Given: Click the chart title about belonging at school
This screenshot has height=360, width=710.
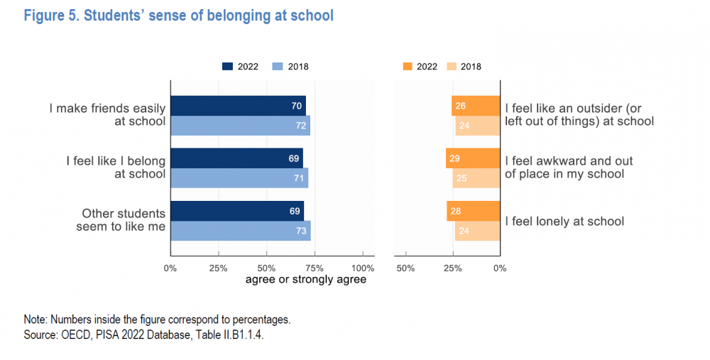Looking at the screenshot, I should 178,16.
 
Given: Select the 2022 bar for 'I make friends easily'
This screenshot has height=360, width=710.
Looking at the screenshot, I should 238,105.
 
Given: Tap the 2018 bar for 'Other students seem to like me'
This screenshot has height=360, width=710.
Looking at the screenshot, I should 240,231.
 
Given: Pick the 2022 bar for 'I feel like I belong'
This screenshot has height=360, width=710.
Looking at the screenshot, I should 236,158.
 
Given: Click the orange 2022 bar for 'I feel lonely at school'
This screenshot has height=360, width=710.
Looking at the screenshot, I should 474,211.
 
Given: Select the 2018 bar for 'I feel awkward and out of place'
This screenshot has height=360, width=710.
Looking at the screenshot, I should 476,178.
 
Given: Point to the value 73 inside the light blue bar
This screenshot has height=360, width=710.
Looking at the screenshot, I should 300,231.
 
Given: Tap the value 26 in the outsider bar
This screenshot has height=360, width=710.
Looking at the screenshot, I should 460,106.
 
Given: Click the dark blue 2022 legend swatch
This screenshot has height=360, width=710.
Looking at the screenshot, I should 228,67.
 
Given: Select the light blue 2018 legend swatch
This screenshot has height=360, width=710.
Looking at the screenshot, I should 278,67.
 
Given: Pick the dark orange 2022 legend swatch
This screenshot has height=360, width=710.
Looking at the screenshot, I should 407,67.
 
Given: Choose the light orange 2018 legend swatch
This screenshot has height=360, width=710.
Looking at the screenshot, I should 450,67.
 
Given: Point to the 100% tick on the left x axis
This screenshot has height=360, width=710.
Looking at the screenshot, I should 363,268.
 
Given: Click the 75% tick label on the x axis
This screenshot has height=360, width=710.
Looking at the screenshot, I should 315,268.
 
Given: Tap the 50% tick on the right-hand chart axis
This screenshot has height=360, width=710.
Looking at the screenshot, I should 405,268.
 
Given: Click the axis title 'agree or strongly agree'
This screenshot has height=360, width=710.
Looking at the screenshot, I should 306,280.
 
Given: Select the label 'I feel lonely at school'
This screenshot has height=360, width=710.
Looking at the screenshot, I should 564,222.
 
